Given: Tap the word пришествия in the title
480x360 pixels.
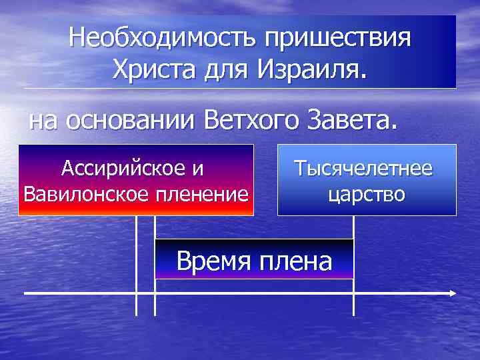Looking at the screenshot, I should (337, 37).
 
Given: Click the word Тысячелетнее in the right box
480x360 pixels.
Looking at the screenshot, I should (364, 168).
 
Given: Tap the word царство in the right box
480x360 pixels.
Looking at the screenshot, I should (366, 194).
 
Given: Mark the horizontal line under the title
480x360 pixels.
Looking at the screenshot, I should (240, 89).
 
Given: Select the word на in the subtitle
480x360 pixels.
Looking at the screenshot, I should (44, 121).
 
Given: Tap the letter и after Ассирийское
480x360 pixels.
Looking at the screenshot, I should (199, 168).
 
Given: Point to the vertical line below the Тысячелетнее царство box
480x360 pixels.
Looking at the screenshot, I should (353, 230).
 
